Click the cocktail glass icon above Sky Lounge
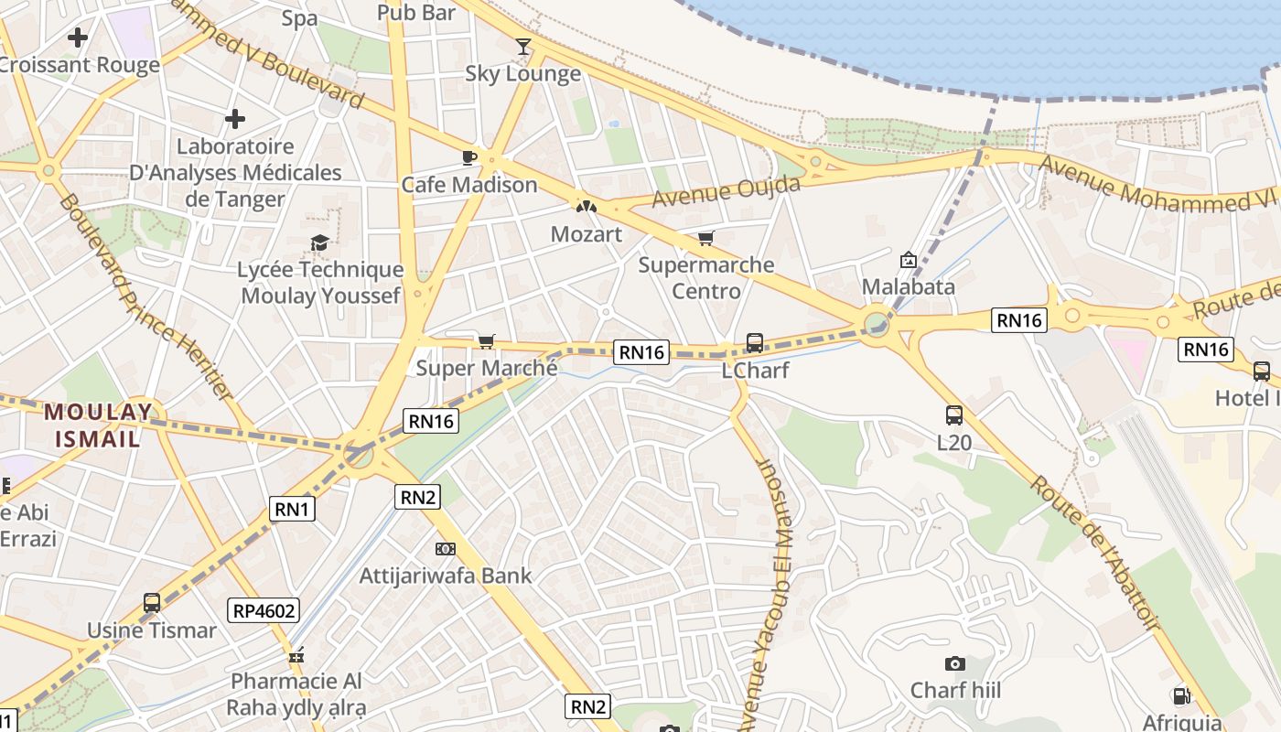point(523,46)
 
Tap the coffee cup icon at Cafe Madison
point(469,157)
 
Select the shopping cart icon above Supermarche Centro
point(705,239)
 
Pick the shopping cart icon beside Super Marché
point(487,341)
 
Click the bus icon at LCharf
point(755,343)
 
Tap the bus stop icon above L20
point(954,415)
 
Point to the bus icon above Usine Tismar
point(152,603)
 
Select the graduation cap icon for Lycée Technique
point(319,242)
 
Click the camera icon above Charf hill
point(954,663)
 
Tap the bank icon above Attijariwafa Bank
point(446,549)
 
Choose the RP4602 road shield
point(264,610)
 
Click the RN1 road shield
point(292,510)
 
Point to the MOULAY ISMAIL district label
point(98,425)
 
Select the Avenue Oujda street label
point(727,191)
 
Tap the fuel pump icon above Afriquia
point(1181,696)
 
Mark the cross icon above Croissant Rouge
point(78,38)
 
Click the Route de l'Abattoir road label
point(1094,552)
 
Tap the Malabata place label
point(909,286)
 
